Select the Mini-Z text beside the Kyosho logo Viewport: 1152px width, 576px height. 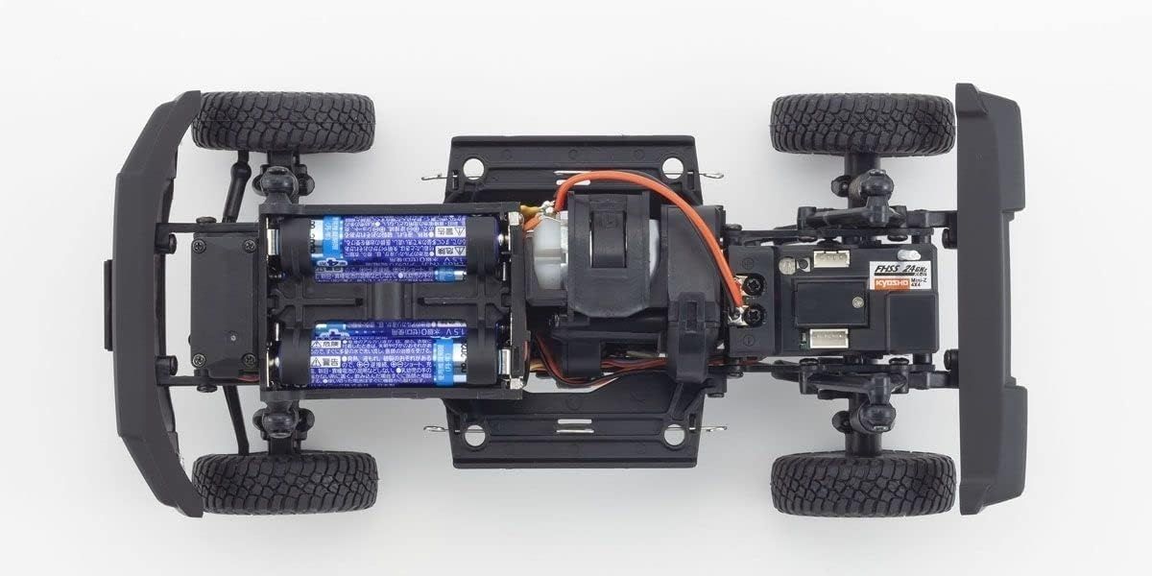pos(918,286)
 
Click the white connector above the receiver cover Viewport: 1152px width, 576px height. pos(828,258)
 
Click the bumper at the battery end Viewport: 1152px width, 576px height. pos(144,298)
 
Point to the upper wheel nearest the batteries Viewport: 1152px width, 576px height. pos(283,122)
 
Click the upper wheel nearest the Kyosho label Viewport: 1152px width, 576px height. pos(862,124)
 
